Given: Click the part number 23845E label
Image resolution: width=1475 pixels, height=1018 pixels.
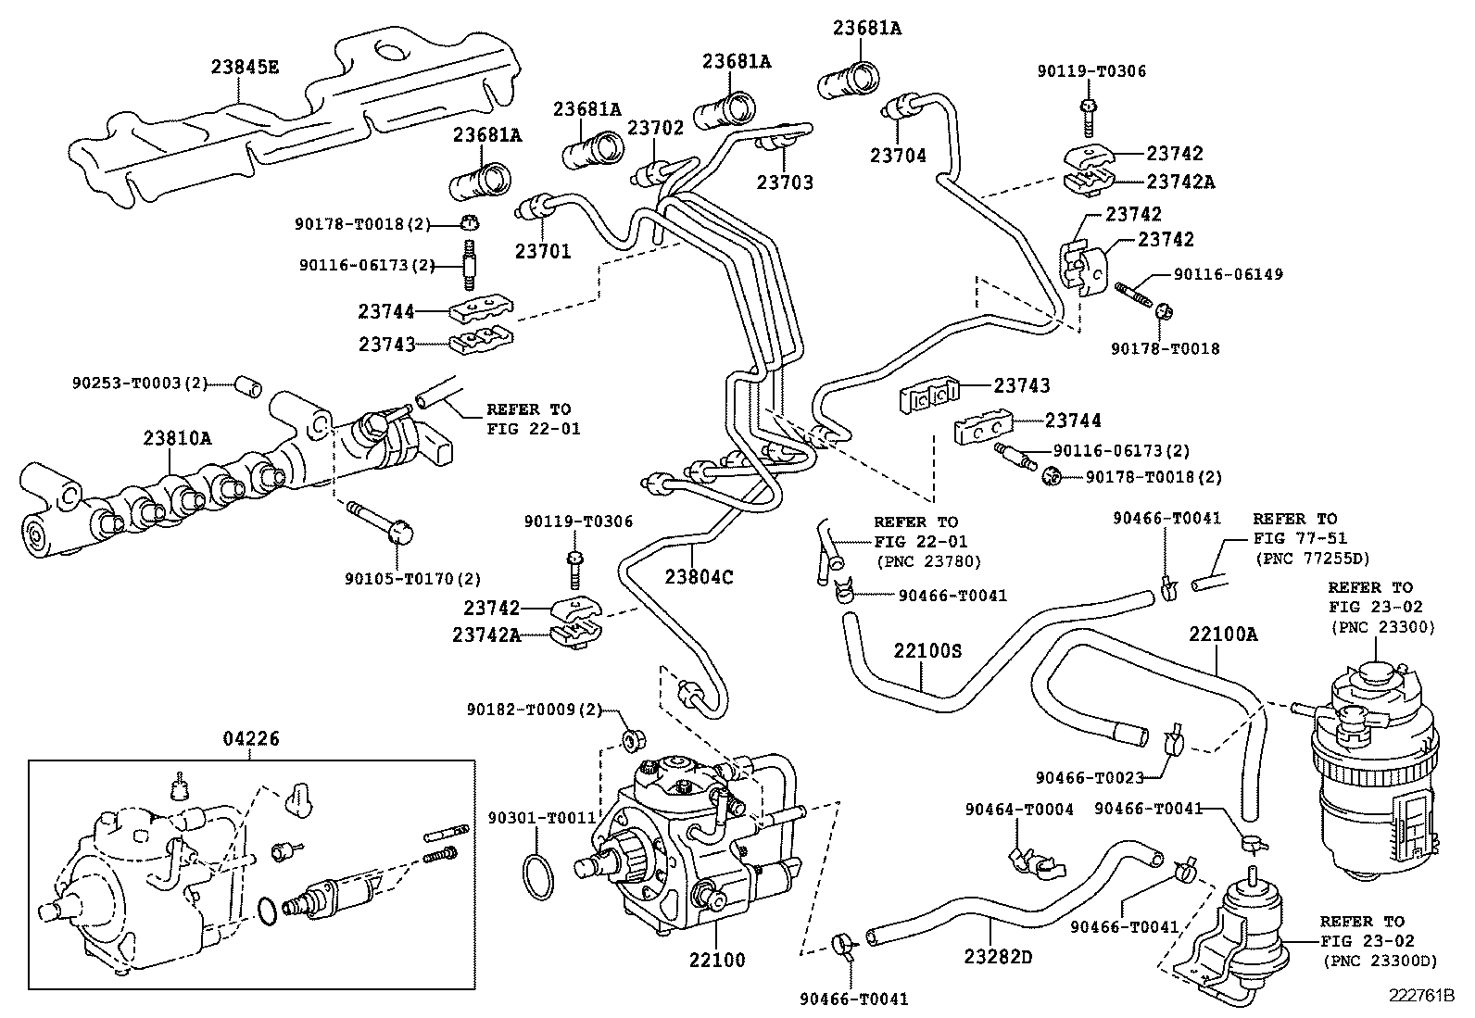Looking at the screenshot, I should point(245,67).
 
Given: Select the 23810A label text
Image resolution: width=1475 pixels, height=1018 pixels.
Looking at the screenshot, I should point(177,437).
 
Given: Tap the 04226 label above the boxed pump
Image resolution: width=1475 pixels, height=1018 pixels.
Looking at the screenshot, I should point(251,739).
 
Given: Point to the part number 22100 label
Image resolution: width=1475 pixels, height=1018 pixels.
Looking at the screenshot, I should point(716,960).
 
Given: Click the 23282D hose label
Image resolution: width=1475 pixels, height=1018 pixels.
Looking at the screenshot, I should point(997,955).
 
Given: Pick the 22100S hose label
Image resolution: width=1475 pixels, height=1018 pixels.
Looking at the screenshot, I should point(927,651).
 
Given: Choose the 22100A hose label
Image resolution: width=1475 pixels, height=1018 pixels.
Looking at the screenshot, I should point(1223,635).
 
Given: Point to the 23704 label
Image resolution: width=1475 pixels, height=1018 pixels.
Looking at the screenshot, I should point(897,157).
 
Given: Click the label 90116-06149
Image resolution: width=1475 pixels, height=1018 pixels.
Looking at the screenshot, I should point(1228,274).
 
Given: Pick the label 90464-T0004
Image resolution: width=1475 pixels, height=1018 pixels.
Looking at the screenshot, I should point(1019,810).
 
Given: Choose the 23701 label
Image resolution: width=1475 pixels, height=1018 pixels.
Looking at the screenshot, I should point(543,250).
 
